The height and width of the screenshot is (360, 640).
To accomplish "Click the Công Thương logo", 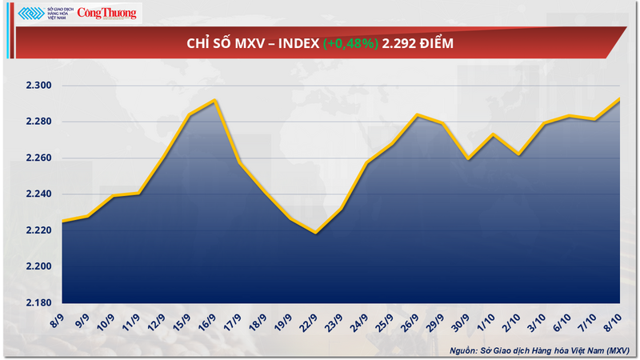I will (x=108, y=13).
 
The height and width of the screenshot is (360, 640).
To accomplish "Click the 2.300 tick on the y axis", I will (x=35, y=86).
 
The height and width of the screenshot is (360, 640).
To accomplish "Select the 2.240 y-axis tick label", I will (x=35, y=194).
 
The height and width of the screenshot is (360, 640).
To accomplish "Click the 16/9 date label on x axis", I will (x=208, y=322).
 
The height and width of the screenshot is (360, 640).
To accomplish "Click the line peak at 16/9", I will (x=214, y=101).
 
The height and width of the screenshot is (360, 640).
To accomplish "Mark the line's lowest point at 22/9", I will (x=316, y=233).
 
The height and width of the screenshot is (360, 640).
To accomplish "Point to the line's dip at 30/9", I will (x=467, y=158).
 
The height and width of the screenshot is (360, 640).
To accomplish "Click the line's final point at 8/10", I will (x=620, y=99).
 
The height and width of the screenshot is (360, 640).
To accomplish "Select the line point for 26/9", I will (x=417, y=114).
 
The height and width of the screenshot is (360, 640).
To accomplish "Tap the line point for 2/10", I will (x=518, y=154).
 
